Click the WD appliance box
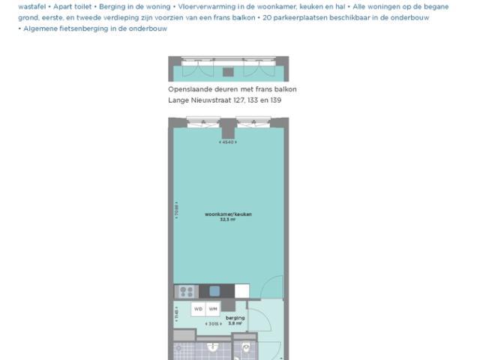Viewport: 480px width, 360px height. click(x=199, y=309)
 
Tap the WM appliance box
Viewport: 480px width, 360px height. click(x=213, y=309)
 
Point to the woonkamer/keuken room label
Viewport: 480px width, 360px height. click(x=228, y=214)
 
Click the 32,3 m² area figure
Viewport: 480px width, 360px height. click(x=228, y=220)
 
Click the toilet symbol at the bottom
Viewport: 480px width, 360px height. click(x=247, y=347)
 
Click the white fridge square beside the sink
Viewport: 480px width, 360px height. click(x=241, y=291)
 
